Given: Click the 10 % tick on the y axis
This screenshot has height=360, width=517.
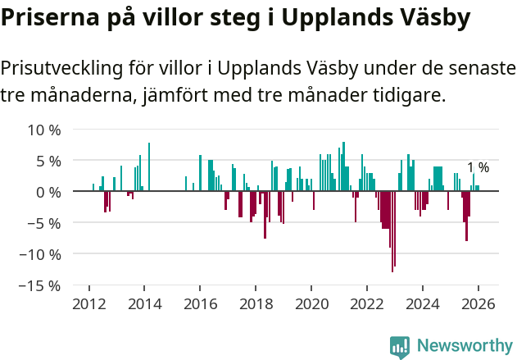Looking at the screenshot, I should pyautogui.click(x=44, y=130).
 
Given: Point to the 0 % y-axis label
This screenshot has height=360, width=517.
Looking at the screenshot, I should pyautogui.click(x=48, y=192).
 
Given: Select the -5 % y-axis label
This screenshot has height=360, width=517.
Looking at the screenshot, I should pyautogui.click(x=44, y=223).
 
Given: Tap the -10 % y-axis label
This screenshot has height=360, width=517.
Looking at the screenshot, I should pyautogui.click(x=40, y=254).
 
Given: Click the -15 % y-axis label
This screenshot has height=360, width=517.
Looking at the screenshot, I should pyautogui.click(x=40, y=285).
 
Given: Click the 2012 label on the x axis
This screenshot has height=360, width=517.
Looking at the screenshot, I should pyautogui.click(x=88, y=303).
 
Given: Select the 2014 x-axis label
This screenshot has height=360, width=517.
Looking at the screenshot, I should pyautogui.click(x=144, y=303).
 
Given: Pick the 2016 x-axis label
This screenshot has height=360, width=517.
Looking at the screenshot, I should pyautogui.click(x=200, y=303).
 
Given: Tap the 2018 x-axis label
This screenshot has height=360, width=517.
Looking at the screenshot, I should pyautogui.click(x=256, y=303).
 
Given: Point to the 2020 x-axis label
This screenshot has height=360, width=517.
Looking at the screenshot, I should pyautogui.click(x=311, y=303).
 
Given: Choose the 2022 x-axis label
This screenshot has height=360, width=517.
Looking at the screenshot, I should pyautogui.click(x=367, y=303).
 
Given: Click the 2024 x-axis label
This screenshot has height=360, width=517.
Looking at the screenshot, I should pyautogui.click(x=423, y=303).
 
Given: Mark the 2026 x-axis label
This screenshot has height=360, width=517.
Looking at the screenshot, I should pyautogui.click(x=478, y=303).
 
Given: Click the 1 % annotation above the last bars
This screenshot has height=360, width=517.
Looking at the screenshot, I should pyautogui.click(x=478, y=168).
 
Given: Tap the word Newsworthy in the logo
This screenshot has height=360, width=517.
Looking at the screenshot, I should pyautogui.click(x=464, y=345).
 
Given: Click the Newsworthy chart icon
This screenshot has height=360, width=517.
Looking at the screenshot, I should pyautogui.click(x=400, y=347).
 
